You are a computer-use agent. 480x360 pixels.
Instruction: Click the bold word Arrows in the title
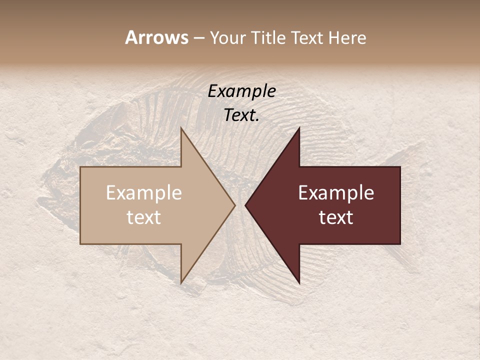[156, 37]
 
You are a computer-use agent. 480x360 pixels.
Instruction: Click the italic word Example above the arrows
[242, 91]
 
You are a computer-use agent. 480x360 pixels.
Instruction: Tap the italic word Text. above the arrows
[242, 115]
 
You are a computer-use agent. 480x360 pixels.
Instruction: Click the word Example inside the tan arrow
[144, 192]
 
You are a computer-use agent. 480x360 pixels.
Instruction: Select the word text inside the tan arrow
[144, 217]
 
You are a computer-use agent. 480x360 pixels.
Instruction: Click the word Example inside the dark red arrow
[336, 192]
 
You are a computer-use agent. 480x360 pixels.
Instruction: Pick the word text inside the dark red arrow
[336, 217]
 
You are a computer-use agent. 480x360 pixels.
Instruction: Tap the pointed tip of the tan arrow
[235, 205]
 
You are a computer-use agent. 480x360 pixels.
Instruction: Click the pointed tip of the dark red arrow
[245, 205]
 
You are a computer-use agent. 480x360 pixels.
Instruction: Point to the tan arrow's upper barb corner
[181, 128]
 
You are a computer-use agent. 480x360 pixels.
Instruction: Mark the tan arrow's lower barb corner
[181, 283]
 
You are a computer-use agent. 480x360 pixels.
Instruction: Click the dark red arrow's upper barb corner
[299, 128]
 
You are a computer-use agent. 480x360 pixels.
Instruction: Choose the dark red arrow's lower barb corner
[299, 283]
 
